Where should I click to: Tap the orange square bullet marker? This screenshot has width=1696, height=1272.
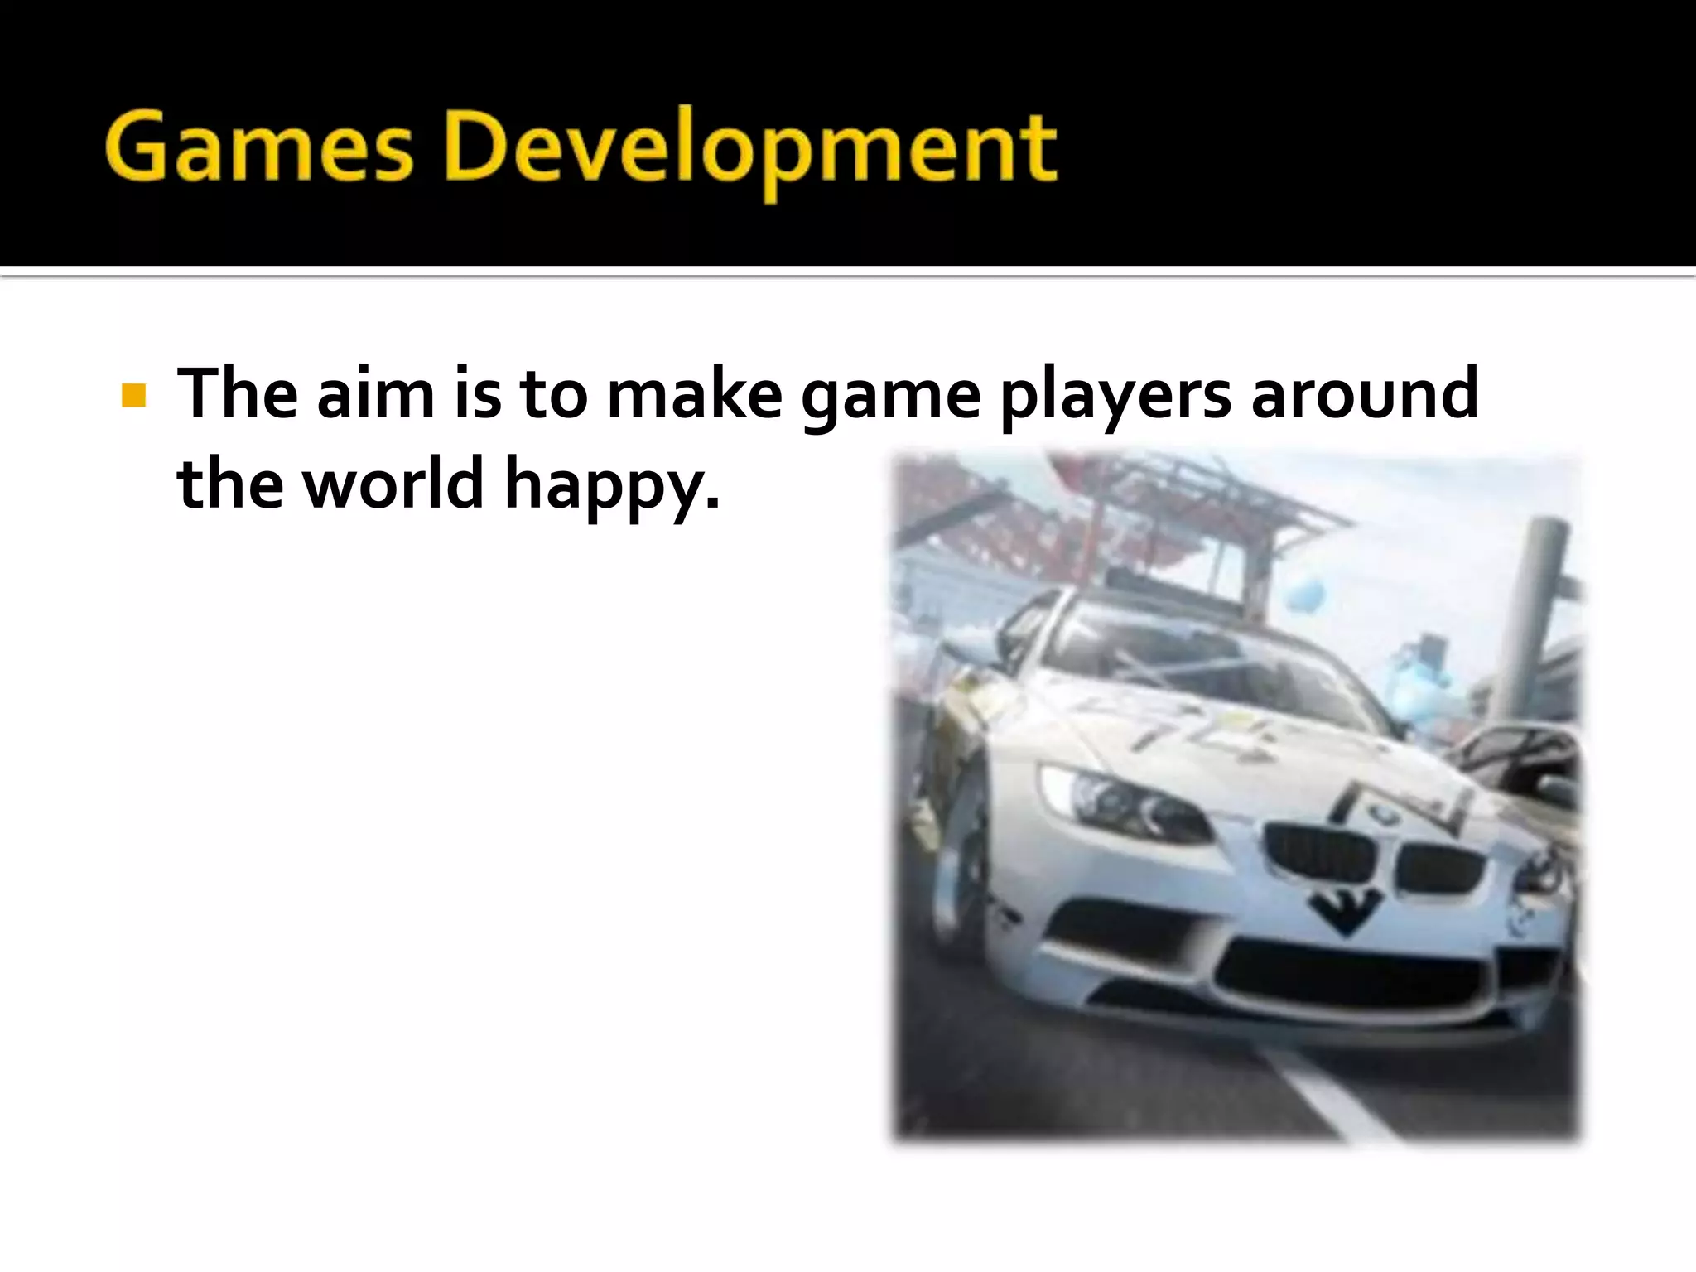pos(132,395)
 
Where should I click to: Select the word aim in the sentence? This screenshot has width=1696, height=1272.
pos(375,394)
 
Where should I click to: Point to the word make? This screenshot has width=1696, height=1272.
pos(694,394)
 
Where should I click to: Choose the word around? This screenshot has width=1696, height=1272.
pos(1364,394)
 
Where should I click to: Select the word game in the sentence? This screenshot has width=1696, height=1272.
pos(890,397)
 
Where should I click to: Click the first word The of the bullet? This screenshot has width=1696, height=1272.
pos(237,394)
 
